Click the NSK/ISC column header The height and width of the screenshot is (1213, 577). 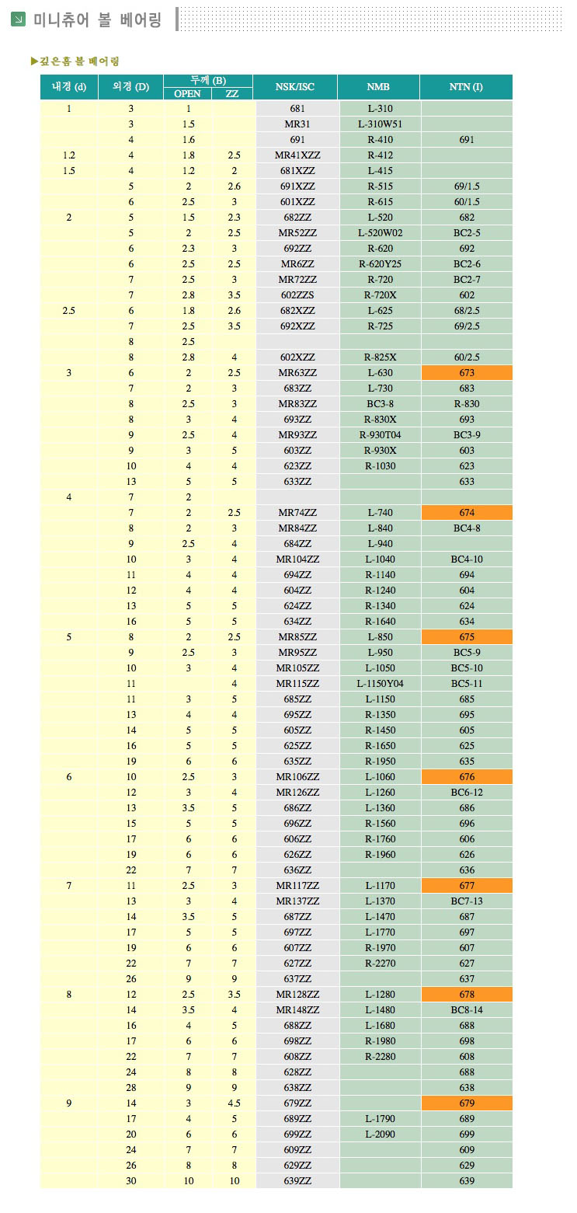pyautogui.click(x=295, y=87)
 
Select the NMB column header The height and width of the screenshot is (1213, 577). pyautogui.click(x=378, y=87)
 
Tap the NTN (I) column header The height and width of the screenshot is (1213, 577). pyautogui.click(x=466, y=87)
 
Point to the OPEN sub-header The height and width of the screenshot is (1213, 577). pyautogui.click(x=187, y=94)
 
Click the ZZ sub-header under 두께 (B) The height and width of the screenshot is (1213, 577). pyautogui.click(x=232, y=94)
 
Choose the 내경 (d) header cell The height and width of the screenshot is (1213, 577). pyautogui.click(x=69, y=87)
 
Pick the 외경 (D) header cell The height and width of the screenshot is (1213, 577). pyautogui.click(x=130, y=87)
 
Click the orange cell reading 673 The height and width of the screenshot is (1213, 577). pyautogui.click(x=467, y=373)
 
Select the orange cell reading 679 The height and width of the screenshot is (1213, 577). pyautogui.click(x=467, y=1103)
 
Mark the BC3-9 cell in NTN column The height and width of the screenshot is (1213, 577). pyautogui.click(x=467, y=435)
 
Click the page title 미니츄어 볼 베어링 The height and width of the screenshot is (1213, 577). pyautogui.click(x=97, y=20)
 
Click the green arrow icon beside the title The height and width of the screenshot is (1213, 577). pyautogui.click(x=19, y=19)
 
